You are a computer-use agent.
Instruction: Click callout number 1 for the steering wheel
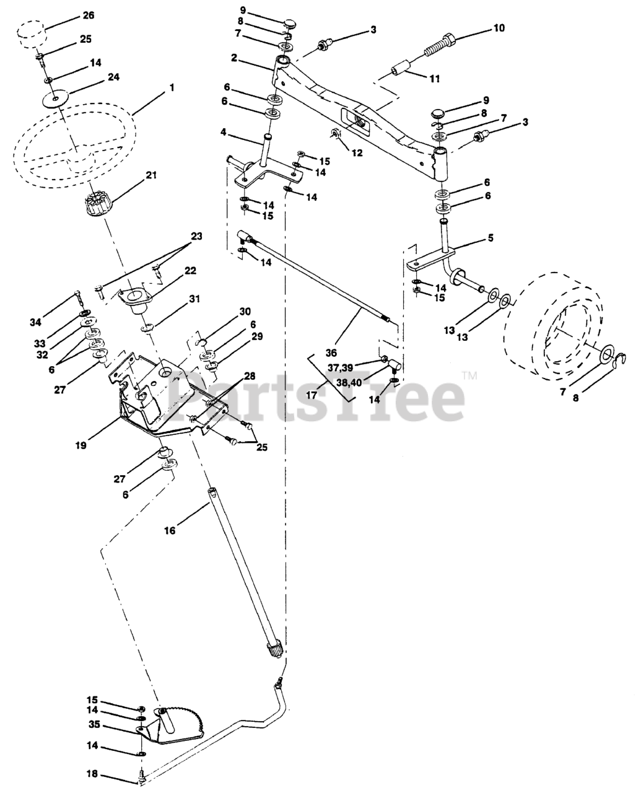pyautogui.click(x=171, y=89)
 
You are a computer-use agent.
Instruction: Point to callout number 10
pyautogui.click(x=499, y=28)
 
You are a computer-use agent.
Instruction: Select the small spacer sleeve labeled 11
pyautogui.click(x=399, y=67)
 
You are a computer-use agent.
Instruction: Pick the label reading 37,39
pyautogui.click(x=341, y=368)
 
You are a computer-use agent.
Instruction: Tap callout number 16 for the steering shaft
pyautogui.click(x=170, y=530)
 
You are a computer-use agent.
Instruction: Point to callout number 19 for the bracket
pyautogui.click(x=82, y=444)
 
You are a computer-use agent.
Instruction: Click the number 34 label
pyautogui.click(x=36, y=322)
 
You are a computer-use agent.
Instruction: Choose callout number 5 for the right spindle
pyautogui.click(x=489, y=238)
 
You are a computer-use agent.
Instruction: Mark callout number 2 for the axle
pyautogui.click(x=234, y=58)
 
